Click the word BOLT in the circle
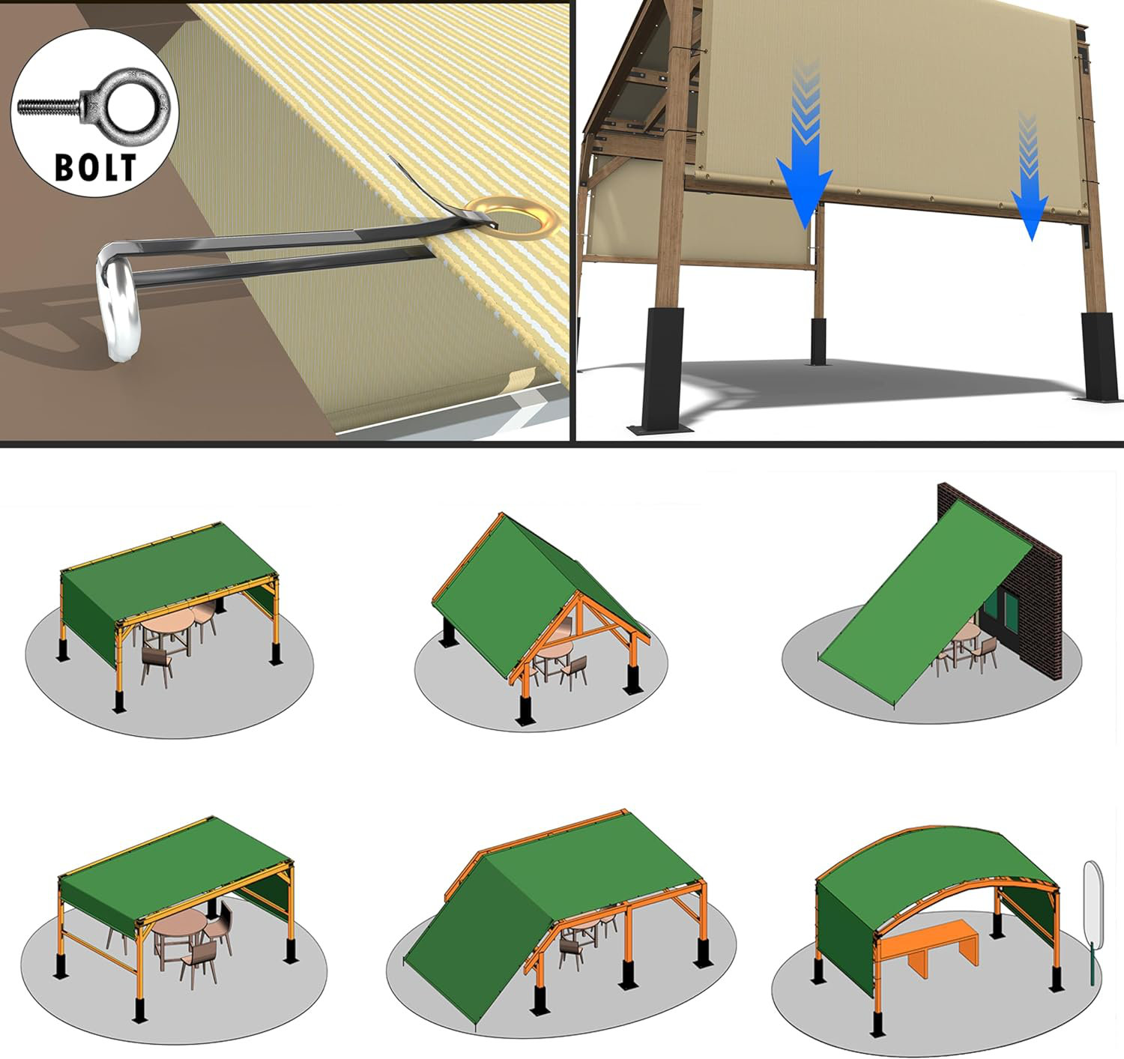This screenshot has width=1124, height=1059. (95, 167)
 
